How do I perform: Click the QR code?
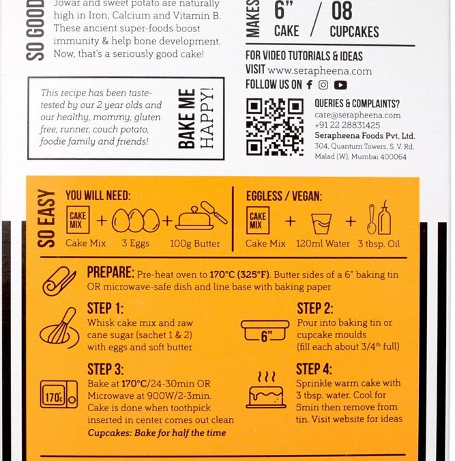275,127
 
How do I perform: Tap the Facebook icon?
309,85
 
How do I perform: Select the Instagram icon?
323,85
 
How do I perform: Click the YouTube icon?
340,85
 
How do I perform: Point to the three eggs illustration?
136,220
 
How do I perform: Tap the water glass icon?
321,224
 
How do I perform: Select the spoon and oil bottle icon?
379,218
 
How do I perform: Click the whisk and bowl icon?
59,329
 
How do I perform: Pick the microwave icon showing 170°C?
59,394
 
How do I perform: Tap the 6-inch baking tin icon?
265,331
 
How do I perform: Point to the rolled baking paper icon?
59,281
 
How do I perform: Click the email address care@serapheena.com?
357,115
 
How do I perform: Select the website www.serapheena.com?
320,71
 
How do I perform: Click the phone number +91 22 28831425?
347,125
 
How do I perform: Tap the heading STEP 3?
106,369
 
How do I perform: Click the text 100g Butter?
194,243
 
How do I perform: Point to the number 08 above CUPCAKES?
342,10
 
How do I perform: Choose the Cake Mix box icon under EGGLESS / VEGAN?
258,220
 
